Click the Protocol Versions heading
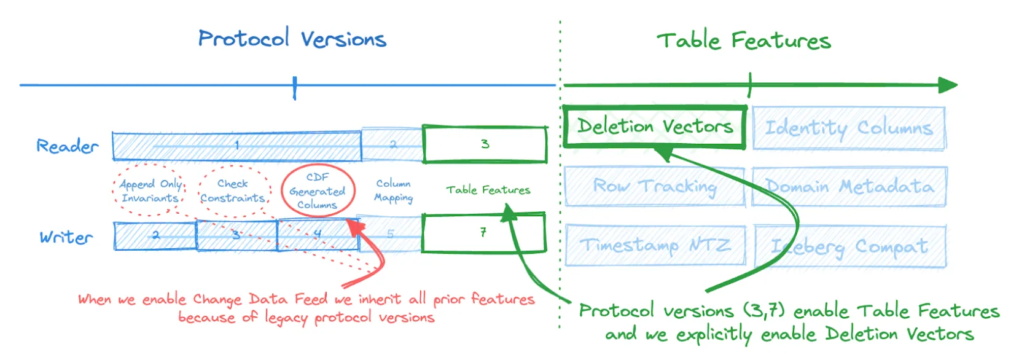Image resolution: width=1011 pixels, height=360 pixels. (292, 39)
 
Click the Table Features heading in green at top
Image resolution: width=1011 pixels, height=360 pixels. (743, 41)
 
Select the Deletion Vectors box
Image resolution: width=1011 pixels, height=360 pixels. (655, 127)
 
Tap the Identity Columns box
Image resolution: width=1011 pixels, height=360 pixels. (848, 128)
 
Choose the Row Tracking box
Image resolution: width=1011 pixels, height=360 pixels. (655, 186)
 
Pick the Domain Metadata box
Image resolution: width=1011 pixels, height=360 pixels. (849, 186)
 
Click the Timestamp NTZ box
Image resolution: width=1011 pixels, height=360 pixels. (655, 245)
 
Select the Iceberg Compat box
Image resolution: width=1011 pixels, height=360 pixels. (849, 246)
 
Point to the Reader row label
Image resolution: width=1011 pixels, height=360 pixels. (67, 146)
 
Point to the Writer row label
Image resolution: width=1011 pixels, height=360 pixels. (66, 237)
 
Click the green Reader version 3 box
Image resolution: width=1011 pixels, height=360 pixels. (485, 144)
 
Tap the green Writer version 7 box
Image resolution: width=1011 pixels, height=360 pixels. (483, 233)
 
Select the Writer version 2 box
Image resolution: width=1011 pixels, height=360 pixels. (155, 236)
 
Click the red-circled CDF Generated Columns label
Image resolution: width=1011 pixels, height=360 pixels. (318, 190)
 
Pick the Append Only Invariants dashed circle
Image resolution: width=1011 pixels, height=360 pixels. (150, 190)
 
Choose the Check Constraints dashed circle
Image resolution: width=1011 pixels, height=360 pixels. (233, 190)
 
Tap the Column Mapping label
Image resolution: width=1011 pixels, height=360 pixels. (393, 190)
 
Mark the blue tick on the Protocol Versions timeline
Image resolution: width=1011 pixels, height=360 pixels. (295, 87)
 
